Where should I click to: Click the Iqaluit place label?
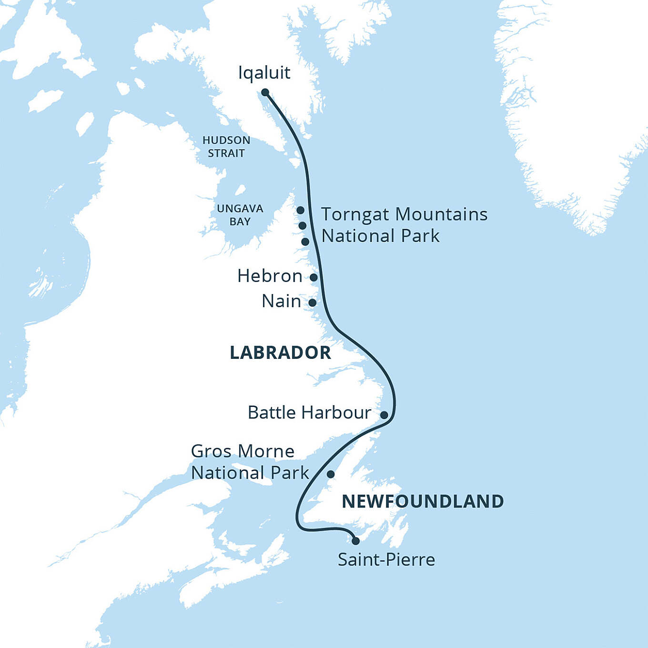tap(264, 73)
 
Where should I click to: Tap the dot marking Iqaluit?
tap(265, 92)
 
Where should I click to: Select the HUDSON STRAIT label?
tap(226, 147)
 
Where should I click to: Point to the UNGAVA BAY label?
tap(240, 215)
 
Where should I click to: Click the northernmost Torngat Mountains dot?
tap(300, 210)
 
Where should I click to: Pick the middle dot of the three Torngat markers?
tap(302, 225)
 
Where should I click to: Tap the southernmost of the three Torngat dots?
tap(305, 242)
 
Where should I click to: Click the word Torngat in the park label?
tap(355, 215)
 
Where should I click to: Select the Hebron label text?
tap(270, 276)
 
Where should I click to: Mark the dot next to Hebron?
tap(314, 277)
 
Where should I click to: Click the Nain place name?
tap(281, 301)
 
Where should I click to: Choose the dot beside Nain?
tap(312, 303)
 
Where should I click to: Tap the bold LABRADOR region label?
tap(280, 353)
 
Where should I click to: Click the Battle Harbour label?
tap(309, 413)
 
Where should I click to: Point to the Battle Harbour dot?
tap(384, 415)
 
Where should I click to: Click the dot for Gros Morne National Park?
tap(330, 474)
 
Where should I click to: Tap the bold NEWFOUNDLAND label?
tap(423, 501)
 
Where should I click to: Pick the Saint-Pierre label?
tap(386, 560)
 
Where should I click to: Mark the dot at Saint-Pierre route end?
tap(355, 541)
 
